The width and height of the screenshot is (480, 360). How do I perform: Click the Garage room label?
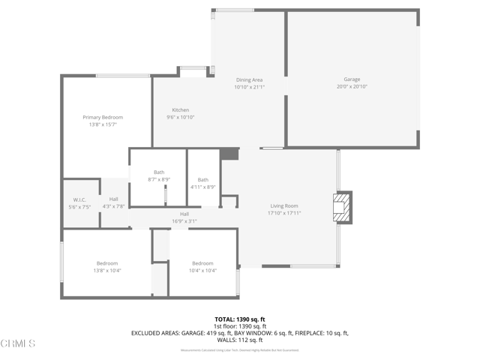pyautogui.click(x=352, y=79)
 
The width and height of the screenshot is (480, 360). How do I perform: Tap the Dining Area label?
pyautogui.click(x=249, y=79)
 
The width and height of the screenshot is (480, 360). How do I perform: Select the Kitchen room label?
pyautogui.click(x=180, y=110)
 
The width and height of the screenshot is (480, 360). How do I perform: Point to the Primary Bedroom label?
pyautogui.click(x=103, y=117)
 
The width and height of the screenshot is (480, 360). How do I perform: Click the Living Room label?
pyautogui.click(x=284, y=205)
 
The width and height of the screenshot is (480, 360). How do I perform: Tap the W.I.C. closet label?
pyautogui.click(x=79, y=199)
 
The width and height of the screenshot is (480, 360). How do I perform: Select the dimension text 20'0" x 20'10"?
pyautogui.click(x=352, y=86)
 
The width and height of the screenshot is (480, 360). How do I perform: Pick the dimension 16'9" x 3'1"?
pyautogui.click(x=184, y=221)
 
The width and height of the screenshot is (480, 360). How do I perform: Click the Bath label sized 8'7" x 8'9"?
pyautogui.click(x=159, y=172)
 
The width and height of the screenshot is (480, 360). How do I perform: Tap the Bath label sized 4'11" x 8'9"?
pyautogui.click(x=203, y=179)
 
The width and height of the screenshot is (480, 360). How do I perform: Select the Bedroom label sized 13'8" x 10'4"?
pyautogui.click(x=107, y=263)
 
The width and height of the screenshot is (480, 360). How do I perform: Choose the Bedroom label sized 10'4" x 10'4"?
pyautogui.click(x=202, y=263)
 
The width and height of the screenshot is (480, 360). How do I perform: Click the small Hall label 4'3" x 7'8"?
pyautogui.click(x=113, y=199)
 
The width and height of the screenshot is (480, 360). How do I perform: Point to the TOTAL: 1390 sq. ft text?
pyautogui.click(x=240, y=319)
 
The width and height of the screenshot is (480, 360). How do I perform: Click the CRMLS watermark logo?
pyautogui.click(x=19, y=343)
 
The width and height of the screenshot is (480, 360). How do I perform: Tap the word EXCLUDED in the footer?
pyautogui.click(x=148, y=333)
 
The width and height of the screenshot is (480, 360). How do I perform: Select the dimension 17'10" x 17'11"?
pyautogui.click(x=284, y=213)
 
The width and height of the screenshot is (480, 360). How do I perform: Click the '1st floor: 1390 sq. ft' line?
pyautogui.click(x=240, y=326)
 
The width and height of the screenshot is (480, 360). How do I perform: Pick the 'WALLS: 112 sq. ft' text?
pyautogui.click(x=240, y=340)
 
